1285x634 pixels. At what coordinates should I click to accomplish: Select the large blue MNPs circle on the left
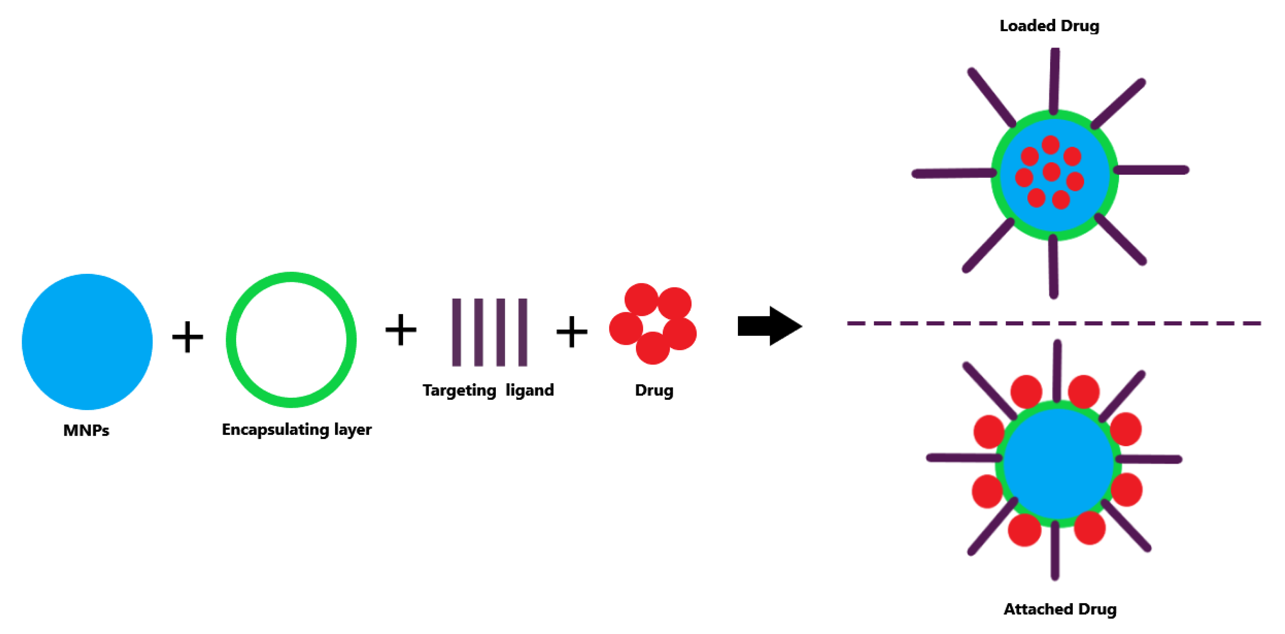(x=87, y=341)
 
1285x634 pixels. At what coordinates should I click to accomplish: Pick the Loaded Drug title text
(x=1049, y=26)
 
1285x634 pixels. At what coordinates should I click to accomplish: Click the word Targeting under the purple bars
(x=459, y=390)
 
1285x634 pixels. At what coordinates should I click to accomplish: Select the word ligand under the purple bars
(x=529, y=390)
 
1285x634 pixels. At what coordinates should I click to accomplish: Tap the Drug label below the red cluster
(x=654, y=390)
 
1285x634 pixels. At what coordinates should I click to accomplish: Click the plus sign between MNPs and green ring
(x=188, y=337)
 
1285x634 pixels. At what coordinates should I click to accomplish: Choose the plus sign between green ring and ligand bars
(x=401, y=329)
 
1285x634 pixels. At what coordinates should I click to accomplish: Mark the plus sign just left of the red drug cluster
(x=571, y=331)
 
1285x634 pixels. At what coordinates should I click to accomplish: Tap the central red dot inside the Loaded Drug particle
(x=1051, y=172)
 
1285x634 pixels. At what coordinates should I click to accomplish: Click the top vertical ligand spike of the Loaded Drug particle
(x=1054, y=80)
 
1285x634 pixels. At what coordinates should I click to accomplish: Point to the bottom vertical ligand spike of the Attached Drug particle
(x=1054, y=551)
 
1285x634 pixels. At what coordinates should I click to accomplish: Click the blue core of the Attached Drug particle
(x=1058, y=464)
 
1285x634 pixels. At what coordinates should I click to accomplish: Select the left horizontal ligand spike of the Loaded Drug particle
(x=953, y=173)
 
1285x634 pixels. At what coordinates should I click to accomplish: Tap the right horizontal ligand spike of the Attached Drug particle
(x=1150, y=459)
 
